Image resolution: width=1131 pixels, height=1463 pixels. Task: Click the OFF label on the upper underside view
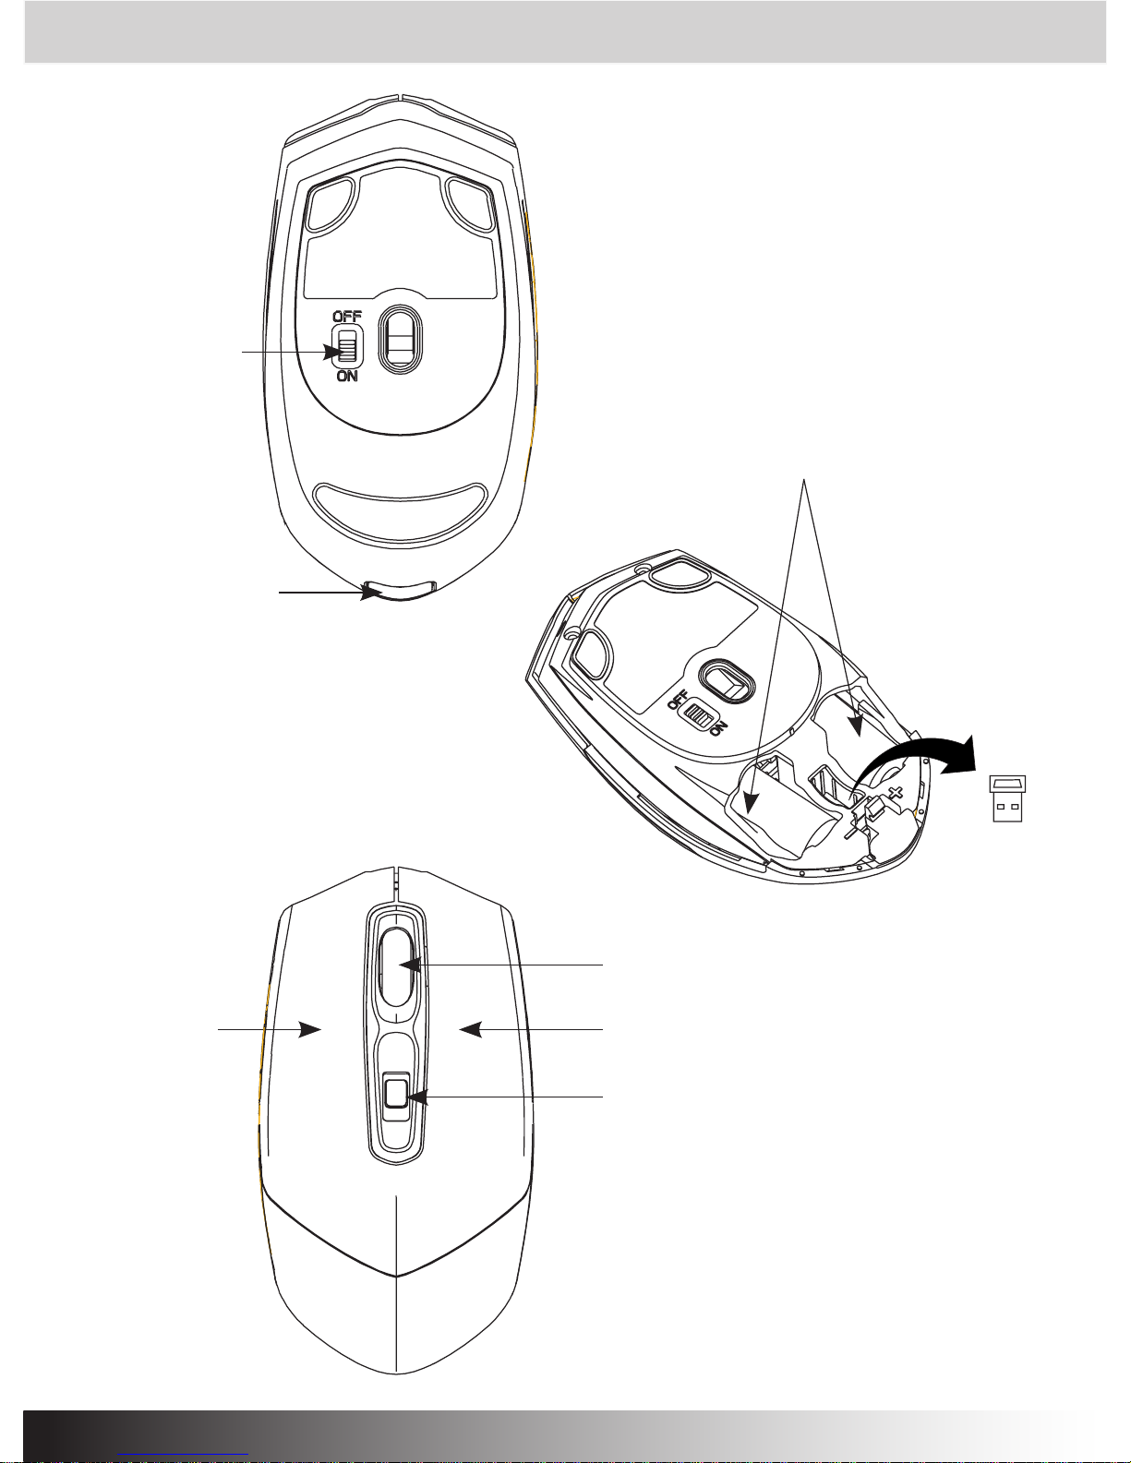(x=347, y=316)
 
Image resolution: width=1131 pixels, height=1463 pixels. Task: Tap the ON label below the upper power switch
(x=347, y=377)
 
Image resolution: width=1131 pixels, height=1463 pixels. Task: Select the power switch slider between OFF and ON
(x=347, y=346)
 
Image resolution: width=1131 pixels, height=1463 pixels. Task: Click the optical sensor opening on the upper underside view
(x=399, y=341)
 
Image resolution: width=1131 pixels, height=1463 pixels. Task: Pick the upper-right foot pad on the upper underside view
(x=470, y=205)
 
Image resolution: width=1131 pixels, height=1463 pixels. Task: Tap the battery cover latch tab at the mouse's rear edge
(x=401, y=589)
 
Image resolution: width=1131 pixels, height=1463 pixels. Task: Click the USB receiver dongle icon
(x=1007, y=798)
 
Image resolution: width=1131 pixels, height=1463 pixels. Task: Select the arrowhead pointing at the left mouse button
(x=309, y=1029)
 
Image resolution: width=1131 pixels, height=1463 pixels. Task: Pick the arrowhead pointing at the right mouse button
(x=471, y=1029)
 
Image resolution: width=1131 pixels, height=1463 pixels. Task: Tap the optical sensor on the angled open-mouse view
(x=728, y=679)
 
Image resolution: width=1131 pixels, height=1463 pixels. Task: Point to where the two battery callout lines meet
(x=804, y=479)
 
